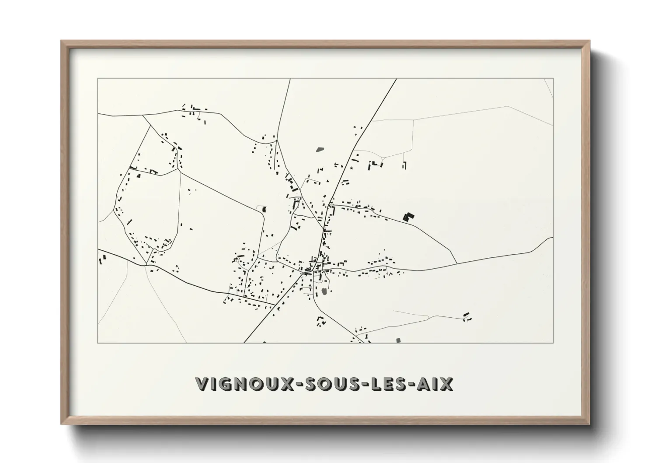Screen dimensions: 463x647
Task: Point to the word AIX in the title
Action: coord(435,384)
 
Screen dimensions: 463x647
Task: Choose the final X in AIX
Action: coord(447,384)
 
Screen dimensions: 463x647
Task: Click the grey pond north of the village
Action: coord(320,149)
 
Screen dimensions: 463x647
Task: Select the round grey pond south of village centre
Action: coord(324,291)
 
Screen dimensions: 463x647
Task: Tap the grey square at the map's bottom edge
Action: coord(398,340)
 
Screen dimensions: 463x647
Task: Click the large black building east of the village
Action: coord(408,216)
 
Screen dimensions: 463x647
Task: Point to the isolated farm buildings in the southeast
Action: coord(467,316)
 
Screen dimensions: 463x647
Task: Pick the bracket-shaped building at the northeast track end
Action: coord(404,165)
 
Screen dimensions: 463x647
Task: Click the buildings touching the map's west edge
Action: coord(102,259)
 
